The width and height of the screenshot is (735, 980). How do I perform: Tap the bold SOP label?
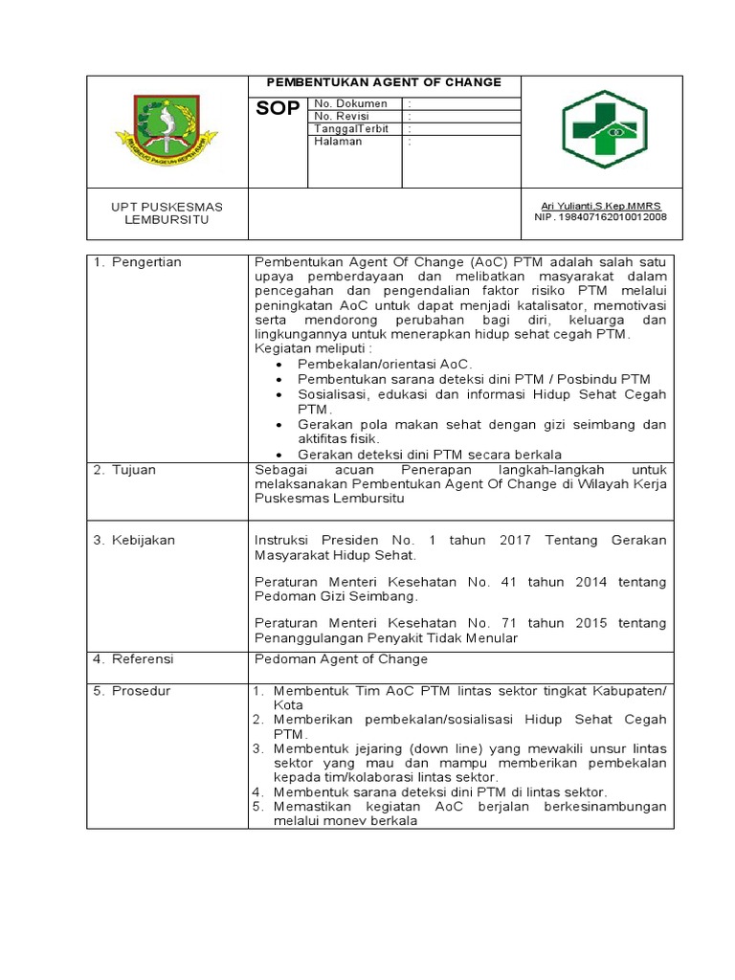pos(278,109)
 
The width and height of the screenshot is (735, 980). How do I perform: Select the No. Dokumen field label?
pos(350,103)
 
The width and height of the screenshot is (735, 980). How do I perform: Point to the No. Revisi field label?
pos(342,116)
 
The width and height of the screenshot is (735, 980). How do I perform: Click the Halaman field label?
pos(338,142)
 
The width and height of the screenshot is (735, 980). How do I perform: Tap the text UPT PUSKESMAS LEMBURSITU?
pos(167,212)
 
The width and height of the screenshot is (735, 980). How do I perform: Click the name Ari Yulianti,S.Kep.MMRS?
pos(600,206)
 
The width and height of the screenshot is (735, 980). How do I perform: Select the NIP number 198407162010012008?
pos(600,217)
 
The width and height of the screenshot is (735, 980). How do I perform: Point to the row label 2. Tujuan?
pos(124,471)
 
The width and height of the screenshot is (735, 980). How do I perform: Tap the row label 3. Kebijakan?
pos(134,540)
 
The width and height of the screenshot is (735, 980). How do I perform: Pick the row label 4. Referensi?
pos(134,659)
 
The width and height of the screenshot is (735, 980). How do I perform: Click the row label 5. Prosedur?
pos(131,691)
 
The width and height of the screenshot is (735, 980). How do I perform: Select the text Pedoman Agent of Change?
pos(341,659)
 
